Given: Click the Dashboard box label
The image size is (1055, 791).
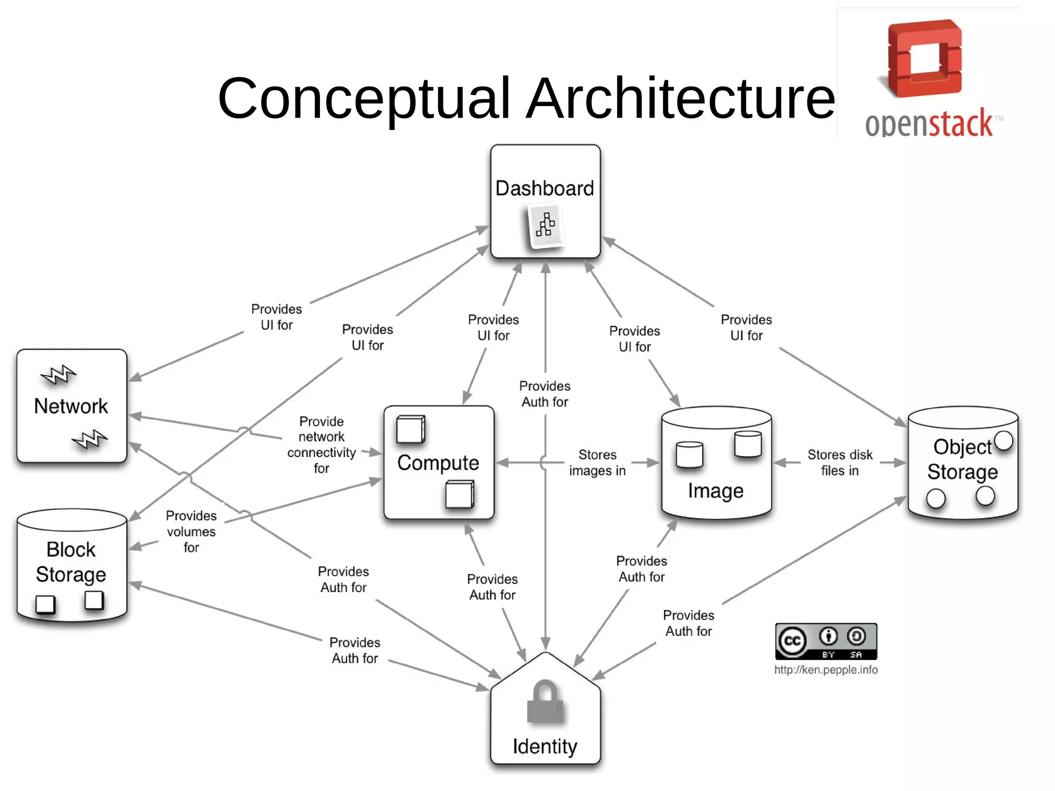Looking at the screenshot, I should coord(544,189).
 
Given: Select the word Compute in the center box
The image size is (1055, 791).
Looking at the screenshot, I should coord(438,463).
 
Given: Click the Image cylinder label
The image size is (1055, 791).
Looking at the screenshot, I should coord(716,491).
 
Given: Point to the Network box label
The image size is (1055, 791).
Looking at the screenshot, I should coord(71,407).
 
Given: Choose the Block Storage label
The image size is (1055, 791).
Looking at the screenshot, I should coord(71,562).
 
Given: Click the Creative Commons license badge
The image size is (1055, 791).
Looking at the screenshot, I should coord(826,642).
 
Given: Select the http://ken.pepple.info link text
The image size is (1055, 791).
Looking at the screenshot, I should coord(826,670).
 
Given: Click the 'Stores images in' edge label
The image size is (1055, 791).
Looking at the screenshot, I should coord(597,463).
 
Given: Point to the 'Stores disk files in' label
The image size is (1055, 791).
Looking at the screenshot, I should coord(840,463).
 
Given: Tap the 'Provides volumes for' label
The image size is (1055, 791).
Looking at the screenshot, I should coord(191,531).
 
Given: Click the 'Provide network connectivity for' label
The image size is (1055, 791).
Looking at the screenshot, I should coord(321,445).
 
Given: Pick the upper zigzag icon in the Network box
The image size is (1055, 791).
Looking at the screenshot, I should coord(58,375).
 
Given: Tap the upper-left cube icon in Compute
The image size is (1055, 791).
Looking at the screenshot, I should coord(411,429).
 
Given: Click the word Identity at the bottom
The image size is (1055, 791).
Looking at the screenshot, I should coord(545,747).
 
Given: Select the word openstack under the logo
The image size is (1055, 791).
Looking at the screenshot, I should coord(929,124).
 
